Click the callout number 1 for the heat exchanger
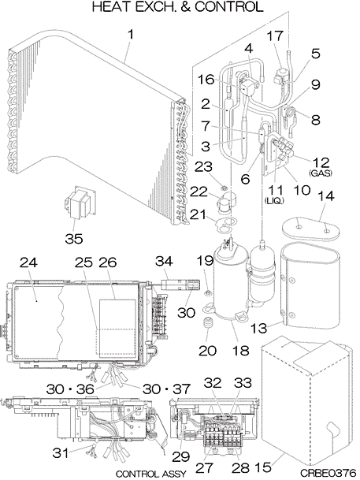tap(131, 35)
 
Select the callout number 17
tap(275, 36)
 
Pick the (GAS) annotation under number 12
tap(321, 173)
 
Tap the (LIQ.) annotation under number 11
tap(274, 201)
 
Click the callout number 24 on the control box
tap(28, 263)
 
